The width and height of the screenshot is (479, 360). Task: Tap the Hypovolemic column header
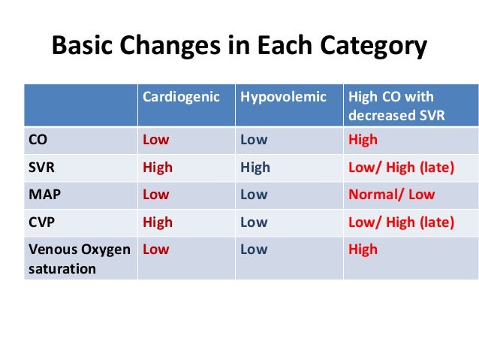[283, 98]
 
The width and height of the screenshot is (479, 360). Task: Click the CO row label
[39, 140]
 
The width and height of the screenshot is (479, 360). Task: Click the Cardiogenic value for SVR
[158, 168]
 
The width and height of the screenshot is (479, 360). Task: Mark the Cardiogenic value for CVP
[158, 222]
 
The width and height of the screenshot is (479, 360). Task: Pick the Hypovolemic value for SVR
[255, 168]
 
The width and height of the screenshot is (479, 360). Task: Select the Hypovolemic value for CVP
[254, 222]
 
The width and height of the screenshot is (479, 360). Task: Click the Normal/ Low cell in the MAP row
[391, 195]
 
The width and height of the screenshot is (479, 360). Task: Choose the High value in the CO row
[363, 140]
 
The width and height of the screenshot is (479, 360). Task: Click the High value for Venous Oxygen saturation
[363, 250]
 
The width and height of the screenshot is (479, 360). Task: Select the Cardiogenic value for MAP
[156, 195]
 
